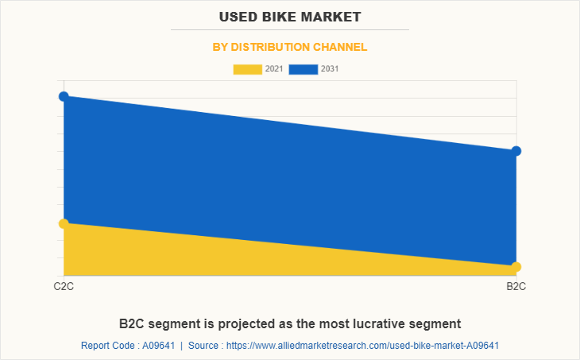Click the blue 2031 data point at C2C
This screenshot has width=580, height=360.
pos(64,96)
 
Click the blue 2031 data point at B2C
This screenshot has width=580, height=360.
pos(516,151)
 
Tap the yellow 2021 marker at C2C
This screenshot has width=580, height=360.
pos(64,223)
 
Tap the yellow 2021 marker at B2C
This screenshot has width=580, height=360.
pos(516,266)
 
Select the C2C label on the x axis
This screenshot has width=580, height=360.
pos(64,286)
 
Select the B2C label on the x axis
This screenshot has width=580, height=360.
pos(516,286)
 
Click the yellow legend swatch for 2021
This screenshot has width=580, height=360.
pos(247,69)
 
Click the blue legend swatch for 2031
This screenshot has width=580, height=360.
pos(303,69)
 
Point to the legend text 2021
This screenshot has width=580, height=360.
pos(274,69)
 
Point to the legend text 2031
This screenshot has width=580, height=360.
pos(330,69)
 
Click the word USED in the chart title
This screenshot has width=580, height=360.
pos(241,16)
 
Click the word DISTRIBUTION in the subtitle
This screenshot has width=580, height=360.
pos(270,47)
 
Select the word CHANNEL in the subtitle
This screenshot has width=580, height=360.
pos(340,47)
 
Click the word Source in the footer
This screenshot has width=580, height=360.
pos(204,346)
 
